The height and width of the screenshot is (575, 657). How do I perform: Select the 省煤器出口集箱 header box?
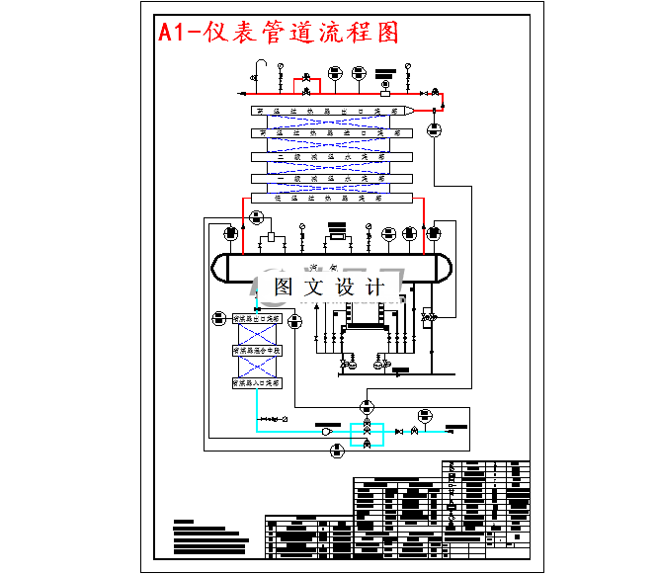pos(257,319)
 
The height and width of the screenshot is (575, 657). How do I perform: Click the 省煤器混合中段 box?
pos(257,350)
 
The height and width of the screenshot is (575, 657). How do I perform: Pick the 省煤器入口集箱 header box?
pos(257,381)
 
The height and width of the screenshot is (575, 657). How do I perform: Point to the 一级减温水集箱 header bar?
pos(331,178)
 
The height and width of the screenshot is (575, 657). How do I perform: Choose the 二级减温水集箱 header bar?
pos(331,156)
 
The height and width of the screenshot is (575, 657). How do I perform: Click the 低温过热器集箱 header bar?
pos(331,199)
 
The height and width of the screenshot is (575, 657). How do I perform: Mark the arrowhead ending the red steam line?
pos(243,93)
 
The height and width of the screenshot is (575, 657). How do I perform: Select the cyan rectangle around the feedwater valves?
pos(367,433)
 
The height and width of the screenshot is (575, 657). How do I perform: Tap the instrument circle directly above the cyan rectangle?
pos(368,405)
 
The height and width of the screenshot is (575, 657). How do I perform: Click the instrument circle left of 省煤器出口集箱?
pos(218,318)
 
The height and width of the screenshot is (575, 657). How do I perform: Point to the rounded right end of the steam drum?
pos(448,268)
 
